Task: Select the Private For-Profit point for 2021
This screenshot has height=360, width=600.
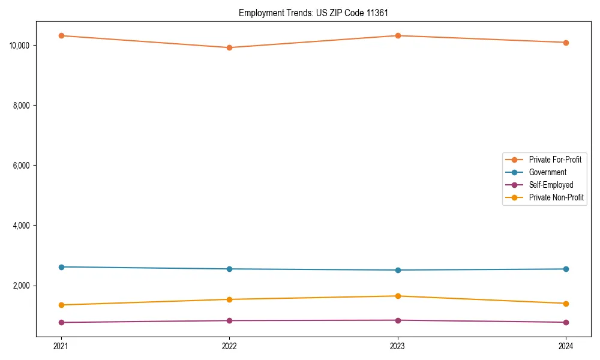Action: [61, 35]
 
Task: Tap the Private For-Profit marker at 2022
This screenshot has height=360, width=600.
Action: [229, 47]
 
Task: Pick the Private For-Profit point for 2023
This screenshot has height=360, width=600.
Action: [398, 35]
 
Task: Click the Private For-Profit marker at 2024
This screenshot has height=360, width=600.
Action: [566, 43]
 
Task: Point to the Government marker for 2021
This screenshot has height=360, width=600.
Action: [61, 267]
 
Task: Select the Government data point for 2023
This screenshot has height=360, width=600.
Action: [398, 270]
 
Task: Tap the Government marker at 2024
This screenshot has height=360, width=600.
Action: [566, 269]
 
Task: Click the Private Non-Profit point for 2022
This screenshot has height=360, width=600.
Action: [229, 299]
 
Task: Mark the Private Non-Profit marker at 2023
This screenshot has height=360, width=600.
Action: [398, 296]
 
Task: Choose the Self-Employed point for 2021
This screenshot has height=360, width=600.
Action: [61, 322]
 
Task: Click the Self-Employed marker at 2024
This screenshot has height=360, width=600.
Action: [566, 322]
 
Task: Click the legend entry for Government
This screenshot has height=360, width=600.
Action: [547, 172]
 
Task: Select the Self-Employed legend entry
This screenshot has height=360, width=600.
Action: [551, 185]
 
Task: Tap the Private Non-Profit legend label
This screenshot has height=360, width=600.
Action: [556, 197]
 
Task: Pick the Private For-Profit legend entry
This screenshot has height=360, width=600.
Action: [555, 160]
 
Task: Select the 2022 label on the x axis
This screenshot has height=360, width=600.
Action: [229, 346]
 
